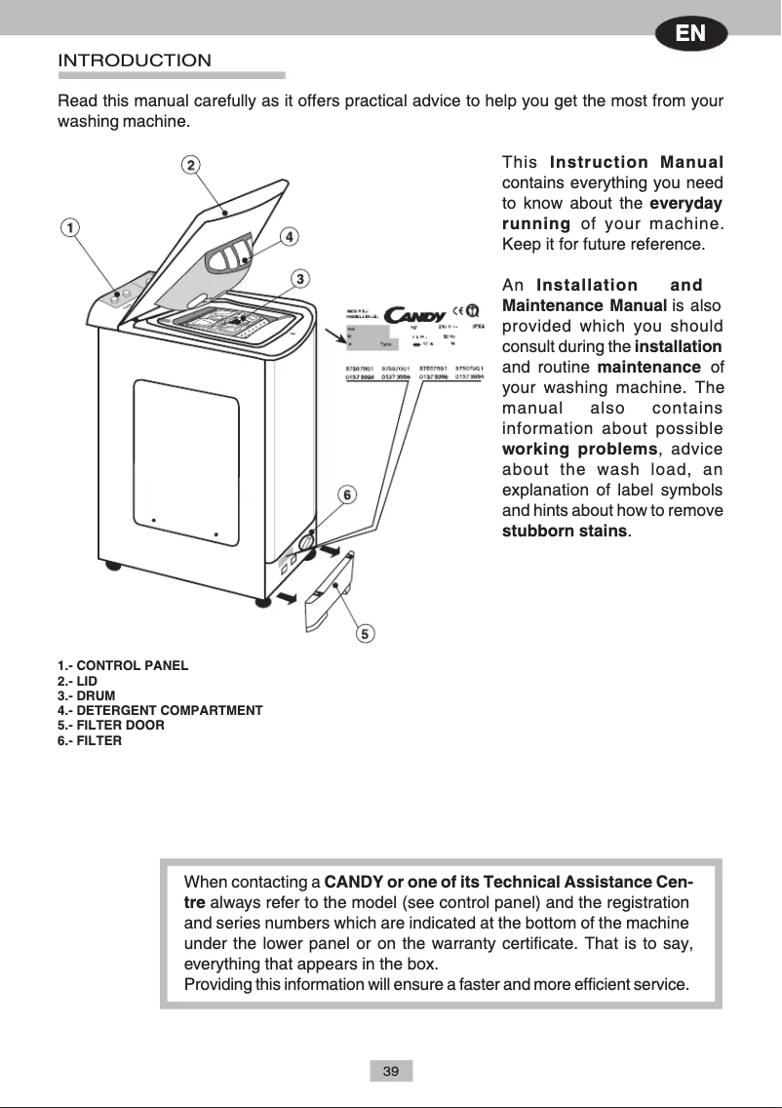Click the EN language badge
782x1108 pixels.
[691, 33]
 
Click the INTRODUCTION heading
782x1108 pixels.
[135, 60]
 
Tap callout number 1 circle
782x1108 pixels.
[70, 226]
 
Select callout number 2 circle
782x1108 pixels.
[192, 164]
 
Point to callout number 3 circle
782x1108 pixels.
[302, 279]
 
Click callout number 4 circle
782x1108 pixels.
[290, 236]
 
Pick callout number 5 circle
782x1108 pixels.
[365, 634]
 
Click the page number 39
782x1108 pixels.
[391, 1071]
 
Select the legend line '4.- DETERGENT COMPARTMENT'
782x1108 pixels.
[160, 710]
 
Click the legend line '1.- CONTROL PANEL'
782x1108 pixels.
[123, 666]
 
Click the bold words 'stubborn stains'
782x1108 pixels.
[565, 532]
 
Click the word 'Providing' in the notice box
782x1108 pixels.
[218, 984]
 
